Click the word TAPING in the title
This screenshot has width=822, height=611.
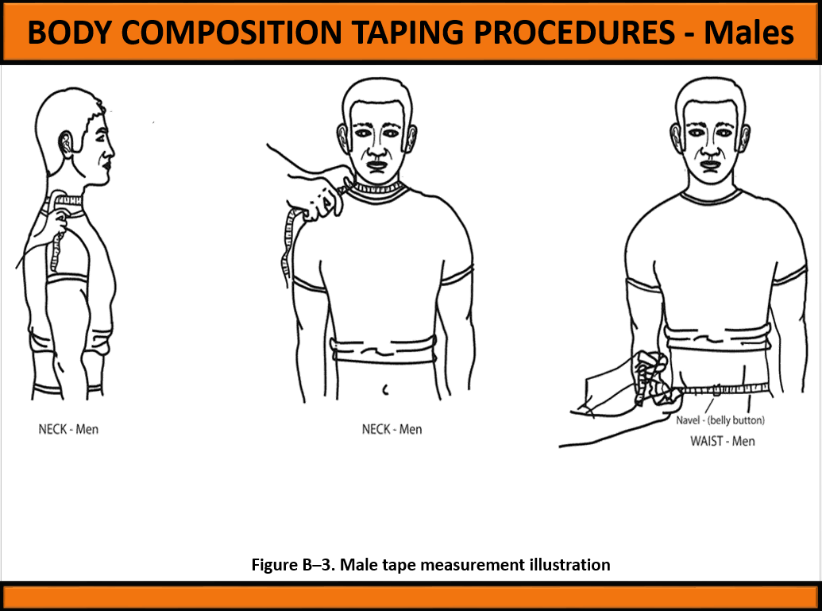pyautogui.click(x=408, y=33)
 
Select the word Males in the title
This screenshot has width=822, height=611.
pyautogui.click(x=749, y=33)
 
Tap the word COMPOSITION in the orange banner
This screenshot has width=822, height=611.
pyautogui.click(x=231, y=33)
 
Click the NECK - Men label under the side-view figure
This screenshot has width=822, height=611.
pyautogui.click(x=68, y=429)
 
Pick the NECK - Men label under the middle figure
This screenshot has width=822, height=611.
pyautogui.click(x=392, y=429)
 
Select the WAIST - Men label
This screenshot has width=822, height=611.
pyautogui.click(x=723, y=441)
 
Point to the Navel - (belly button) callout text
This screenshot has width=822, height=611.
pyautogui.click(x=720, y=420)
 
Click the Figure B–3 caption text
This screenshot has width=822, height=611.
pyautogui.click(x=430, y=564)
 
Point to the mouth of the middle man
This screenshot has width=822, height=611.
pyautogui.click(x=377, y=165)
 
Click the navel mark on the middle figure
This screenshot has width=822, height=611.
pyautogui.click(x=385, y=389)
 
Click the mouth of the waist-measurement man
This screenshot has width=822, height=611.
pyautogui.click(x=710, y=165)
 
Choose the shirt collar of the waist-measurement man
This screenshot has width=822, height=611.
pyautogui.click(x=711, y=197)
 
